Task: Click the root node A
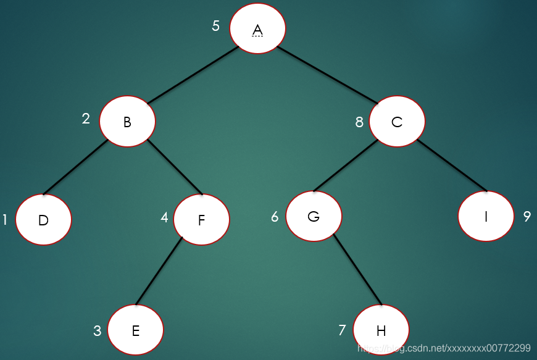point(257,29)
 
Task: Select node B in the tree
point(127,121)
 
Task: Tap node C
point(397,121)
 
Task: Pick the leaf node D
point(43,219)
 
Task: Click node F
point(201,219)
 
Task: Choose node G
point(314,216)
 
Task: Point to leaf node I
point(486,216)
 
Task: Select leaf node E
point(135,330)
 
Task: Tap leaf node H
point(381,330)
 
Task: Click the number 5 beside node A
point(215,26)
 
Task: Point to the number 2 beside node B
point(86,118)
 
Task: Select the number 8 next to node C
point(359,122)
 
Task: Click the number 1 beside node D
point(5,219)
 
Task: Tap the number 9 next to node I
point(527,217)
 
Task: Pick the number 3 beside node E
point(97,331)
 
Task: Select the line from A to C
point(327,75)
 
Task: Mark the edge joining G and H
point(357,269)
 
